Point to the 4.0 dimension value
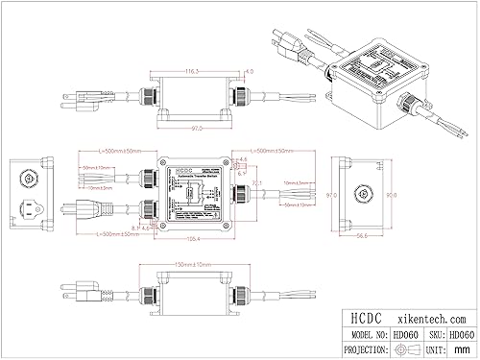click(251, 72)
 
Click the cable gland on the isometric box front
click(411, 100)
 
